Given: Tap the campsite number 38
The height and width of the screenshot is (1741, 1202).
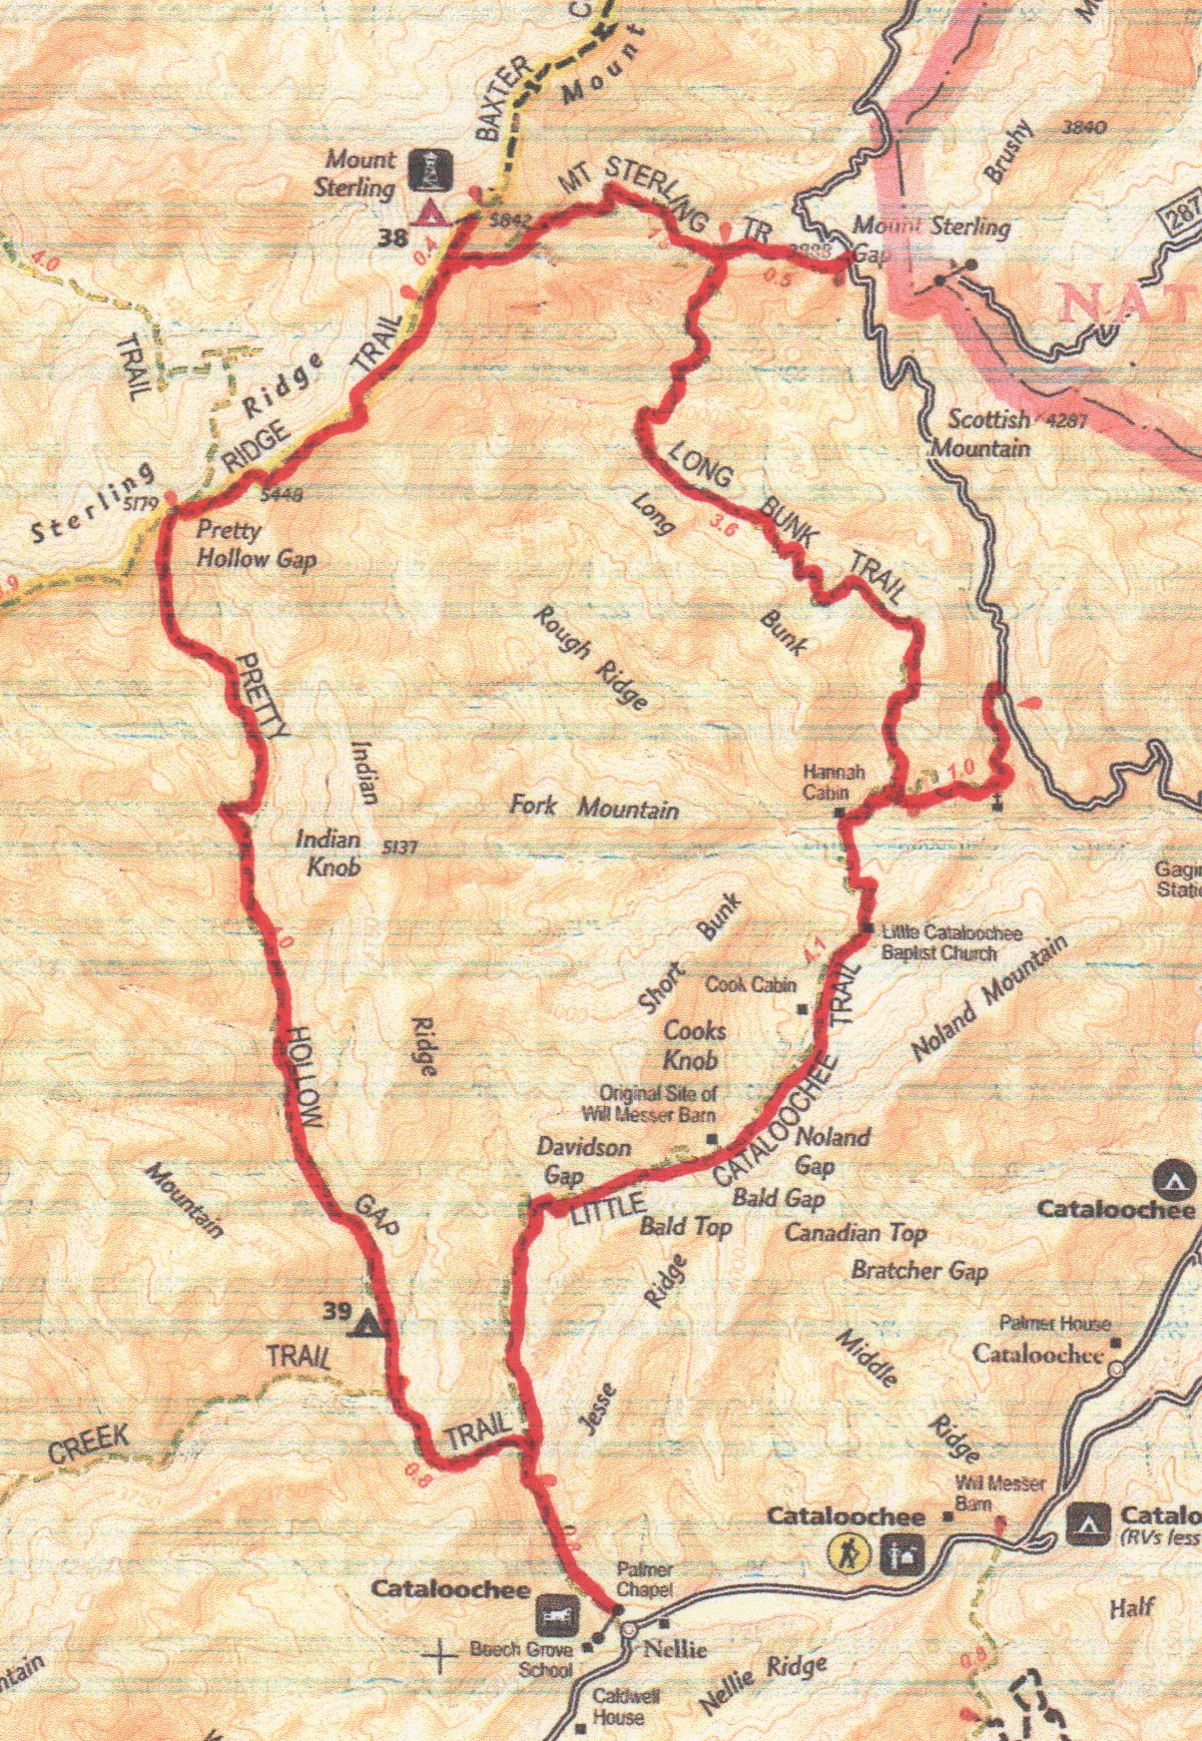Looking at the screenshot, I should click(393, 239).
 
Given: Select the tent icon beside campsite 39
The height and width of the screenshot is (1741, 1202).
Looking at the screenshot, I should click(366, 1323).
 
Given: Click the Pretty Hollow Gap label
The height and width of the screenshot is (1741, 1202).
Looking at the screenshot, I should click(256, 544).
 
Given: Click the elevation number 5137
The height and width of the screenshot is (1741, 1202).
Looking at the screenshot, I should click(398, 849).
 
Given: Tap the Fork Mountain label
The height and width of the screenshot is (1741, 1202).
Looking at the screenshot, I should click(594, 806).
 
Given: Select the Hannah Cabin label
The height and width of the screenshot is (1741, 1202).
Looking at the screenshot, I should click(834, 783).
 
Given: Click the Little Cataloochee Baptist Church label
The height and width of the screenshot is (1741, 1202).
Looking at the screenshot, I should click(950, 942).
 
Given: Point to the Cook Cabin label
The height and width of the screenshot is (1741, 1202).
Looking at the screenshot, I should click(751, 984).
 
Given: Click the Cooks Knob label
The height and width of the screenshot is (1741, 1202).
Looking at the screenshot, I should click(695, 1044).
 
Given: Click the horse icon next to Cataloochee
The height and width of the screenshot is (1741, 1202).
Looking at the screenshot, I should click(553, 1610).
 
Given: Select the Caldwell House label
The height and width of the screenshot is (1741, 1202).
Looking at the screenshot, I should click(618, 1706).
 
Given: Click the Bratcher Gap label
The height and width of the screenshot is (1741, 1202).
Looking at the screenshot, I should click(918, 1271).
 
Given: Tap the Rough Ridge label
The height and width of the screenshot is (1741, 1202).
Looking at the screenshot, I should click(591, 658).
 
